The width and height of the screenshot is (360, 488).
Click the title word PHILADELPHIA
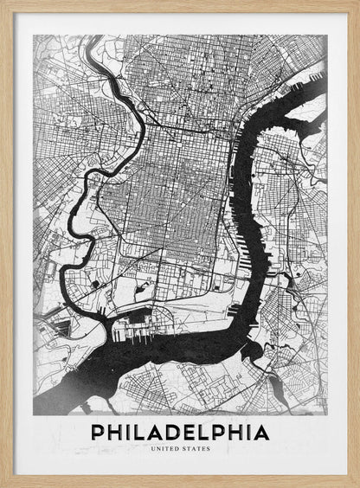click(179, 431)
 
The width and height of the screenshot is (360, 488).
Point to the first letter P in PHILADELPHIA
click(97, 431)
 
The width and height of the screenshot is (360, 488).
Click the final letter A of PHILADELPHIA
click(261, 431)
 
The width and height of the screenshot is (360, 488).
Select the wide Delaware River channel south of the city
click(173, 355)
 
